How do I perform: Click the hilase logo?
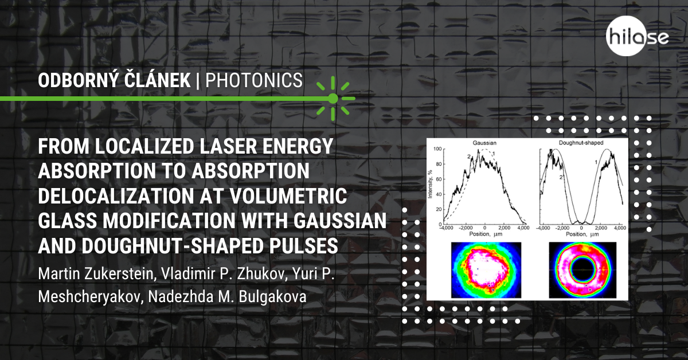(x=637, y=36)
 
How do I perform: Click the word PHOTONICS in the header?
(x=254, y=80)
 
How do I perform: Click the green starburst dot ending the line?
(x=333, y=99)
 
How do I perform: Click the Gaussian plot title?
(x=484, y=143)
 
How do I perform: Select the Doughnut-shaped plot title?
(x=581, y=143)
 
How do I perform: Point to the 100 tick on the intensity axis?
(x=437, y=149)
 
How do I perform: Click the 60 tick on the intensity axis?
(x=439, y=179)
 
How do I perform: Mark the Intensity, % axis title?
(x=430, y=185)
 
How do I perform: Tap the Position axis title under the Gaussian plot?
(x=486, y=234)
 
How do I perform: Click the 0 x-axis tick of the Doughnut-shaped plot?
(x=581, y=228)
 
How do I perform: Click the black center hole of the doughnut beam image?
(x=583, y=269)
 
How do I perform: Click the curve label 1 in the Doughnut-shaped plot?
(x=595, y=162)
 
